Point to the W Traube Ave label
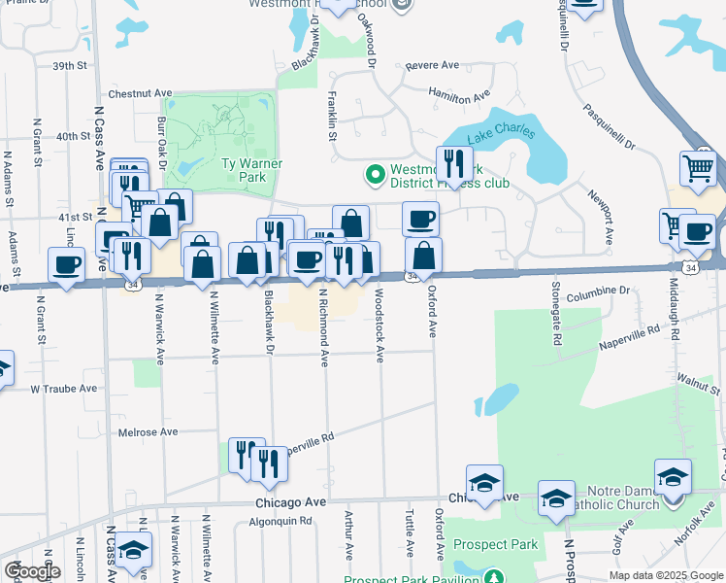coord(63,389)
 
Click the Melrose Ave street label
coord(148,431)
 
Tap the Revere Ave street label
coord(432,65)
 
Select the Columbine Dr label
coord(599,291)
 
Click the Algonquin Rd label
coord(280,521)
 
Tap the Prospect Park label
coord(495,545)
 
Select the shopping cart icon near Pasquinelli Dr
coord(698,169)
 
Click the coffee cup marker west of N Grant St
coord(67,264)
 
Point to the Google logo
coord(32,571)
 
